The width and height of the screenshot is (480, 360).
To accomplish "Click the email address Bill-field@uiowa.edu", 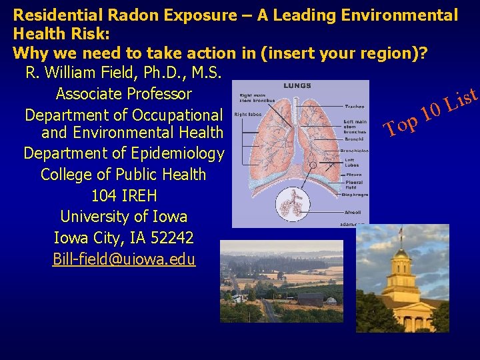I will pyautogui.click(x=124, y=259).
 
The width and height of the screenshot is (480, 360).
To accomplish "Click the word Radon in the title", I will pyautogui.click(x=127, y=14).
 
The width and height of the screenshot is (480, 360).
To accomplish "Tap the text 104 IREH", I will pyautogui.click(x=123, y=196).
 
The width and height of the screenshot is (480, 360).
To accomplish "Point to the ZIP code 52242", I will pyautogui.click(x=173, y=237).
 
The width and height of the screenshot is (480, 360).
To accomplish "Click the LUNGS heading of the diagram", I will pyautogui.click(x=297, y=85).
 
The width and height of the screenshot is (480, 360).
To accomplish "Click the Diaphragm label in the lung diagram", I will pyautogui.click(x=355, y=195).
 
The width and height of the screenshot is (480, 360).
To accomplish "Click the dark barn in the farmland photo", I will pyautogui.click(x=311, y=299).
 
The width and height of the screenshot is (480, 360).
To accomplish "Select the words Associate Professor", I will pyautogui.click(x=124, y=94).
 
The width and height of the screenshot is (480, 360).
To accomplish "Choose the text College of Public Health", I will pyautogui.click(x=123, y=175).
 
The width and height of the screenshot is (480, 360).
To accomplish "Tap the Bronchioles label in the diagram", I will pyautogui.click(x=354, y=151).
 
